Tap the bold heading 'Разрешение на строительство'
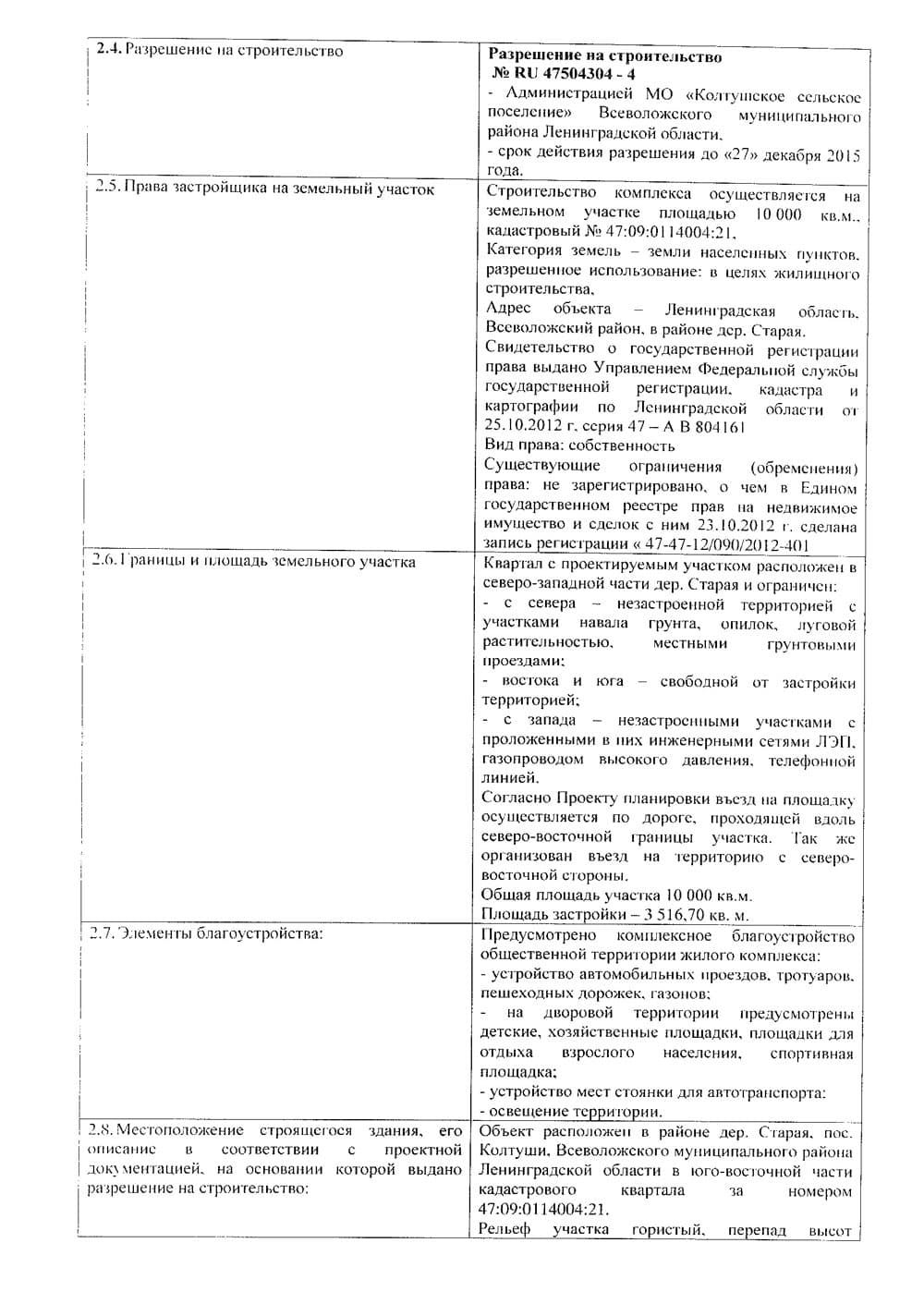[x=604, y=56]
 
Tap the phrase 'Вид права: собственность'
[x=579, y=445]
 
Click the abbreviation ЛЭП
[x=836, y=741]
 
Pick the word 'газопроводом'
[x=532, y=760]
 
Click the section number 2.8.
[x=99, y=1130]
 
